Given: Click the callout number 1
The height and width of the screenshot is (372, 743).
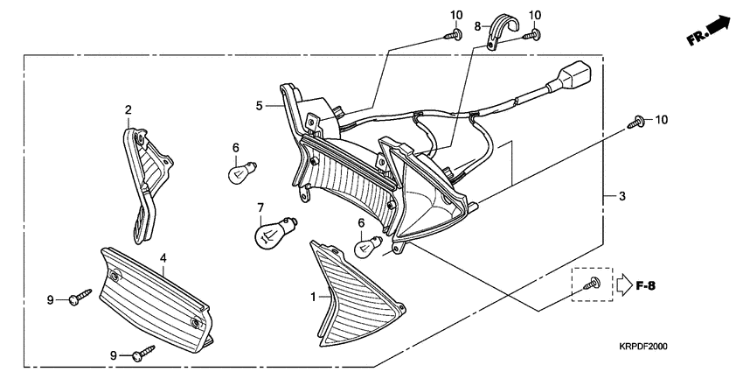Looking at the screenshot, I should point(312,298).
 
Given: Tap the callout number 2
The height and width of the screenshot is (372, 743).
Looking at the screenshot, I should point(128,110).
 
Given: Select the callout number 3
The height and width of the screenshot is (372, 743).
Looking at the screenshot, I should point(622,197).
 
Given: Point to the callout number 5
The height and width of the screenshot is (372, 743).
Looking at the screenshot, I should point(259,106).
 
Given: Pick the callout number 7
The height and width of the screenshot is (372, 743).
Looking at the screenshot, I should point(260,207).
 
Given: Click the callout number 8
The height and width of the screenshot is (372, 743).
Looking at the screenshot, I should point(478,26).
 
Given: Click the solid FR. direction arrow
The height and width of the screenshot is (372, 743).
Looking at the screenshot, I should point(717,28).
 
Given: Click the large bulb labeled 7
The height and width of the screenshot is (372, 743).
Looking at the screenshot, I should point(274,234).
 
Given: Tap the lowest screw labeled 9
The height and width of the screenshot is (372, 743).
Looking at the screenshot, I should point(143,353).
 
